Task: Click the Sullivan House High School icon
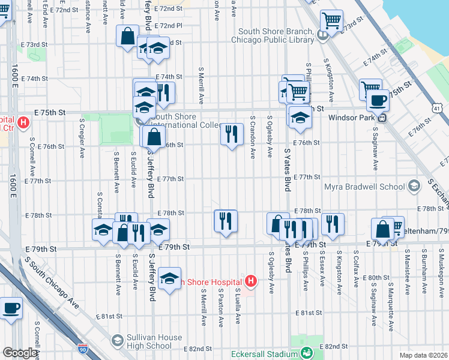[x=118, y=341]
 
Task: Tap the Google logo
[x=20, y=353]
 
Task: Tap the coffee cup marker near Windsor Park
[x=378, y=100]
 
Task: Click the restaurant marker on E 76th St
[x=232, y=134]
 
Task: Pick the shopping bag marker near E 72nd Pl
[x=128, y=36]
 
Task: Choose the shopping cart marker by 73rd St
[x=331, y=21]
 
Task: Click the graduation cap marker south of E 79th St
[x=170, y=278]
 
